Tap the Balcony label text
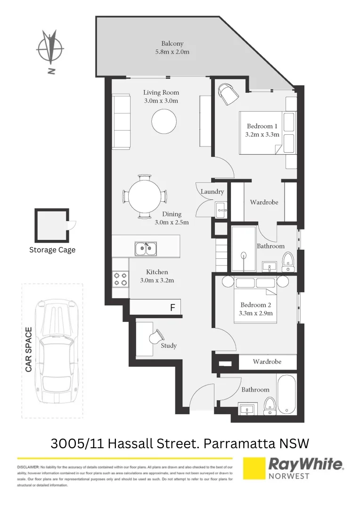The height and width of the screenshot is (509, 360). pos(172,43)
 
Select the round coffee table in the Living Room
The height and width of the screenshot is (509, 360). pos(164,122)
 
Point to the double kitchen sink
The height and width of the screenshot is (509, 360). pos(146,248)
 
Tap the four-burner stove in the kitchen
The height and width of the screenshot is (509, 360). pos(120,279)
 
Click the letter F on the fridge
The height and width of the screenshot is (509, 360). pos(172,308)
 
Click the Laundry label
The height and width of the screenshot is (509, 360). pos(212,192)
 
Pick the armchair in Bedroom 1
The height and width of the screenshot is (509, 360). pos(229,94)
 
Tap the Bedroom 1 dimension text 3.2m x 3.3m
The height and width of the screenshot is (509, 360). pos(262,134)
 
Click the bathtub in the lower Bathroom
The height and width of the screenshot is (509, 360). pos(286,395)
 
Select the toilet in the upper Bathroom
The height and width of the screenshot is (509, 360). pos(288,261)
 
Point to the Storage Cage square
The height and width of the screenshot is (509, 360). pos(52,225)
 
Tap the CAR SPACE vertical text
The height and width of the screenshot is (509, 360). pos(29,350)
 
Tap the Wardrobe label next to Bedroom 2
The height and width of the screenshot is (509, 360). pos(267,361)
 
